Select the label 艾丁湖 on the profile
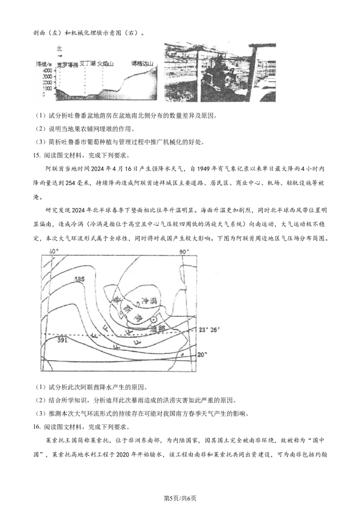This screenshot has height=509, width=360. click(88, 64)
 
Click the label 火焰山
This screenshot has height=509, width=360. click(105, 64)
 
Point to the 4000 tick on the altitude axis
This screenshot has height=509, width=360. click(47, 71)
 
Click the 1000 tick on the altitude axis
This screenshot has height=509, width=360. click(47, 89)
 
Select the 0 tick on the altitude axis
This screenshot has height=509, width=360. click(43, 95)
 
